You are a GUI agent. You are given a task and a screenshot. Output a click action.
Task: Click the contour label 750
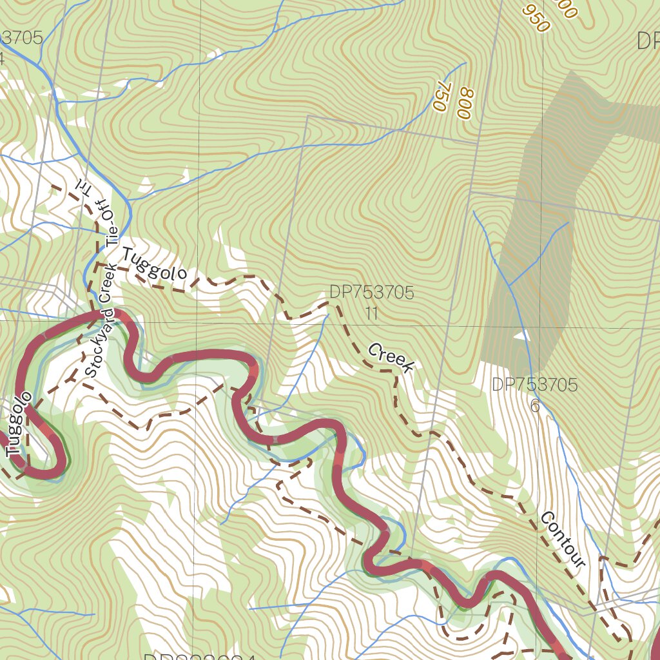point(442,97)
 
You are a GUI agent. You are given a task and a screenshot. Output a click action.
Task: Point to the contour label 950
point(536,19)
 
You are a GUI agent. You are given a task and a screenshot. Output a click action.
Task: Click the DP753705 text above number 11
point(371,293)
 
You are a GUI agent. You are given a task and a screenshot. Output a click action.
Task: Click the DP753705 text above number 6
point(534,385)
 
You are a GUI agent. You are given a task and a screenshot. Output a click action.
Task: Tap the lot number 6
point(534,406)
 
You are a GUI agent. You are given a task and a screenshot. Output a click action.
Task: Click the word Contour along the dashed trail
point(563,539)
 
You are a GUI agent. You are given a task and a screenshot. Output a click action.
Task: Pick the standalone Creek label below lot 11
point(391,358)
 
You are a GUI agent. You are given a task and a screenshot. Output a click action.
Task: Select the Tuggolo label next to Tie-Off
point(155,265)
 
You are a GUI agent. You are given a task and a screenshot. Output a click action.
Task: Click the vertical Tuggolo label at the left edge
point(18,429)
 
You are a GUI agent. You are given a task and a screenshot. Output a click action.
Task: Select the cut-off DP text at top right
point(647,41)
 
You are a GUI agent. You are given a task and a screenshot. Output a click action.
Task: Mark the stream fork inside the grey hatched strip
point(509,285)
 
